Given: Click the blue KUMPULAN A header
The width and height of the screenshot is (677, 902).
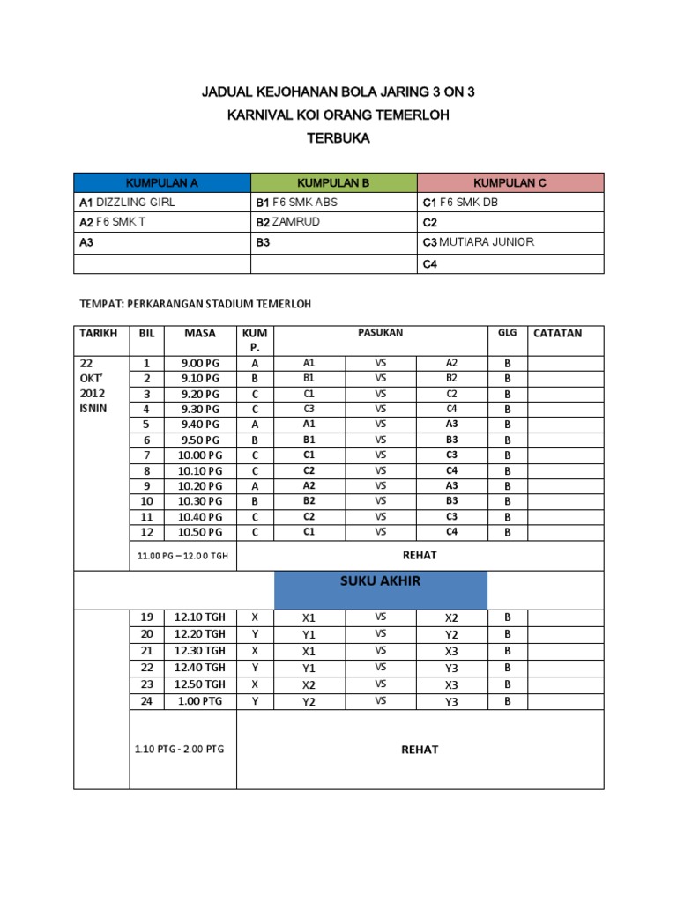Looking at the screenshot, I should (x=162, y=182).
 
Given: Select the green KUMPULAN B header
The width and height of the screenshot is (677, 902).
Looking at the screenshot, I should (x=333, y=182).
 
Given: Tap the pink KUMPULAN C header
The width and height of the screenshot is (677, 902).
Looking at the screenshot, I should (x=510, y=182).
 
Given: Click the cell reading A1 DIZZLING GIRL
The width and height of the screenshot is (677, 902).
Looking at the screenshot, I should (x=128, y=202).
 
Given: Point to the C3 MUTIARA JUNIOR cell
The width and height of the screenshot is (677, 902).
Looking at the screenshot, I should (x=479, y=242).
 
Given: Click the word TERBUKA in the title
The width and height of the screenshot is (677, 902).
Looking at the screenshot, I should (x=338, y=138).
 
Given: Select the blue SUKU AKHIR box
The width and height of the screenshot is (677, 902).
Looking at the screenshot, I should (x=381, y=589).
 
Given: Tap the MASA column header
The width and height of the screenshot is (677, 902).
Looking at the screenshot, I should (x=199, y=333).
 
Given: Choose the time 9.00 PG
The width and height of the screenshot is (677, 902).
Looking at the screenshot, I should (x=199, y=363).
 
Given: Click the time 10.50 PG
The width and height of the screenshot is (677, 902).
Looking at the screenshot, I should (x=199, y=532).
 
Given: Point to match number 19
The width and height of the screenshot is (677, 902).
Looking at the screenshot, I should (x=147, y=617).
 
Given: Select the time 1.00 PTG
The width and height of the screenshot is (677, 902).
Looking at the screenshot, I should (x=199, y=701).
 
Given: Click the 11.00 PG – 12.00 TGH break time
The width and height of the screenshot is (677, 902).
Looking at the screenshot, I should (x=182, y=557).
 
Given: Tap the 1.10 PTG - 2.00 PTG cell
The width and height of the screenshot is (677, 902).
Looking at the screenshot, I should (x=180, y=749).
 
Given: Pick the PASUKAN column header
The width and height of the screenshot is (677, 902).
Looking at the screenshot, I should (x=381, y=333).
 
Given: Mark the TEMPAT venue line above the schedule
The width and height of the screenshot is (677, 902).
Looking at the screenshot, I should (x=196, y=305).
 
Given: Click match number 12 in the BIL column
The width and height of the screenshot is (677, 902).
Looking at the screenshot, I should (x=147, y=532).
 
